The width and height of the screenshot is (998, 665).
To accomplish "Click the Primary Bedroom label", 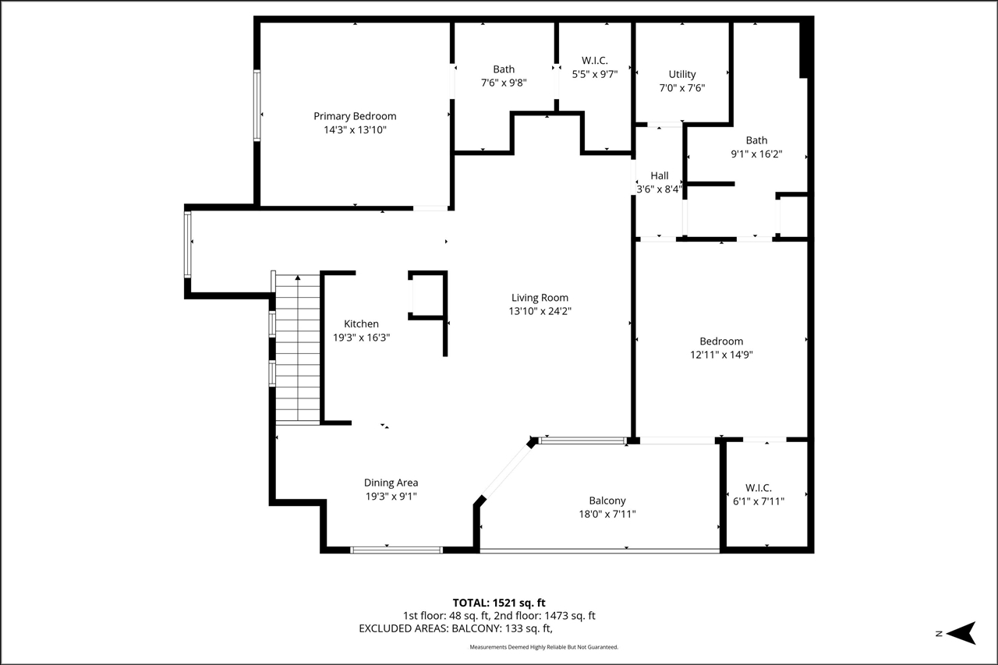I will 355,116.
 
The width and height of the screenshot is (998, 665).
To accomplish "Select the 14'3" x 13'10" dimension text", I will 355,130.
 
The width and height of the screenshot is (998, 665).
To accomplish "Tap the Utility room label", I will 682,75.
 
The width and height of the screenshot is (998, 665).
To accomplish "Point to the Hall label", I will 659,175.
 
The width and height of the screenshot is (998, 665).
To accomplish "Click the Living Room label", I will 540,297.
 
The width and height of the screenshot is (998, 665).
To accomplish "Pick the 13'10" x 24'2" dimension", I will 540,311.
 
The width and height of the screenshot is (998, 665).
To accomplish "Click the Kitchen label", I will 361,324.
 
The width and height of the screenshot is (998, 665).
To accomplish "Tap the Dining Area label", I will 391,483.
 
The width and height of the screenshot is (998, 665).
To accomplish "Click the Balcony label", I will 607,501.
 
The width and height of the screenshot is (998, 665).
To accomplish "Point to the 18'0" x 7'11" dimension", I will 607,514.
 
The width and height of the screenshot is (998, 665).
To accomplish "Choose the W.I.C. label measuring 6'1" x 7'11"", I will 758,487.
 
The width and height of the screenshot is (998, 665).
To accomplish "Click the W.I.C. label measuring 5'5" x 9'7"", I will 594,60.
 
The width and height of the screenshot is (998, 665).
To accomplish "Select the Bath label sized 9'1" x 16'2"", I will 756,140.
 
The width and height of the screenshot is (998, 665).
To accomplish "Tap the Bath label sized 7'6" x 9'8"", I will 503,69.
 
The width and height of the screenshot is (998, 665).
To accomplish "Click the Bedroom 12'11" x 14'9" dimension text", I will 721,355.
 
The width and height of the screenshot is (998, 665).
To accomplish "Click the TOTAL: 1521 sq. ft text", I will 499,603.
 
